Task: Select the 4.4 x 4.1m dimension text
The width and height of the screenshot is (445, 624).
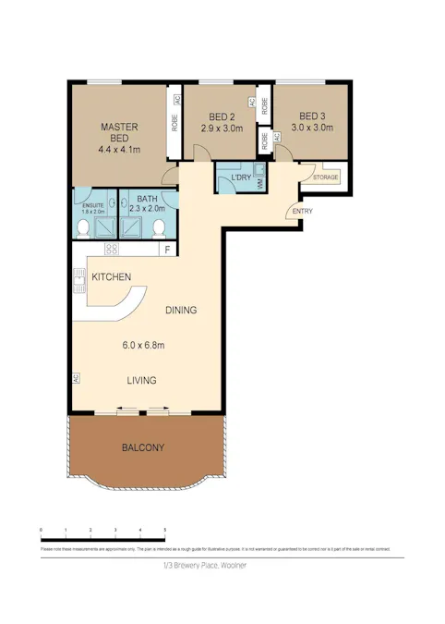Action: pos(119,144)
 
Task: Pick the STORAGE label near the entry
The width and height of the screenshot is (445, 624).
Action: pos(325,177)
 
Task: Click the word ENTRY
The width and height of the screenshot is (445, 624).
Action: pos(302,212)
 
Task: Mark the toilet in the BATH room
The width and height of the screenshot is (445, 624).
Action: pos(159,227)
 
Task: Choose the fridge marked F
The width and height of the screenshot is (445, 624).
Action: pos(167,250)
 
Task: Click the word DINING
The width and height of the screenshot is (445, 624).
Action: pos(181,311)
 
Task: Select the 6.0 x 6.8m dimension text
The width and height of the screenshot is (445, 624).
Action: pos(143,346)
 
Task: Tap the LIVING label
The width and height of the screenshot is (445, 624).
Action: pos(141,380)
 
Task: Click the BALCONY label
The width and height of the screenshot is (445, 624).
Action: pos(143,448)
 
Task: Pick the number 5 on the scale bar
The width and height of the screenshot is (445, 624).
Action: pos(164,529)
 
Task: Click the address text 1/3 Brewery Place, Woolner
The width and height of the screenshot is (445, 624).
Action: pos(205,565)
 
